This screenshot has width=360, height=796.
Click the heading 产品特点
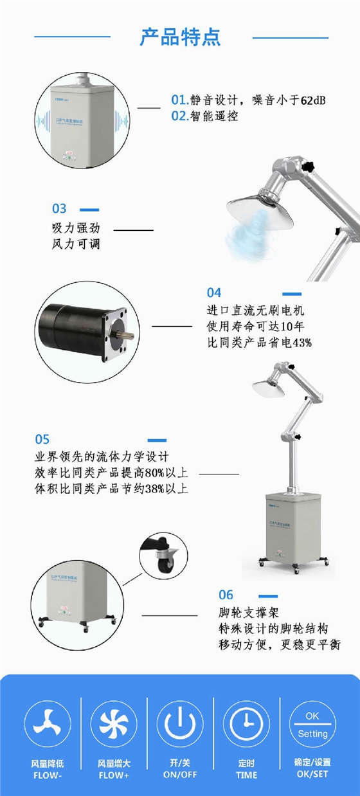[x=180, y=37]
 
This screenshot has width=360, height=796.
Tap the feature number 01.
[x=179, y=100]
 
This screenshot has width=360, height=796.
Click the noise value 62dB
[x=312, y=100]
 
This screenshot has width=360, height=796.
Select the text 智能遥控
[x=214, y=116]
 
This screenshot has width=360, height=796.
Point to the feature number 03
[x=59, y=208]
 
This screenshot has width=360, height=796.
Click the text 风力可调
[x=75, y=244]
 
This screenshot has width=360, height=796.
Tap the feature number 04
[x=214, y=293]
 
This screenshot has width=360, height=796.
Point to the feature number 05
[x=42, y=440]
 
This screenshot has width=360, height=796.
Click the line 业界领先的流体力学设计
[x=102, y=457]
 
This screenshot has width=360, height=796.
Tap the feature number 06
[x=226, y=595]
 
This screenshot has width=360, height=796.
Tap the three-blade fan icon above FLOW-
[x=48, y=723]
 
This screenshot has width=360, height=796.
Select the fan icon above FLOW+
[x=114, y=723]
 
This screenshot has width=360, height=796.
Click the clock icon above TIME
[x=246, y=723]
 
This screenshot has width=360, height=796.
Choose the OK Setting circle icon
[x=312, y=723]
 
